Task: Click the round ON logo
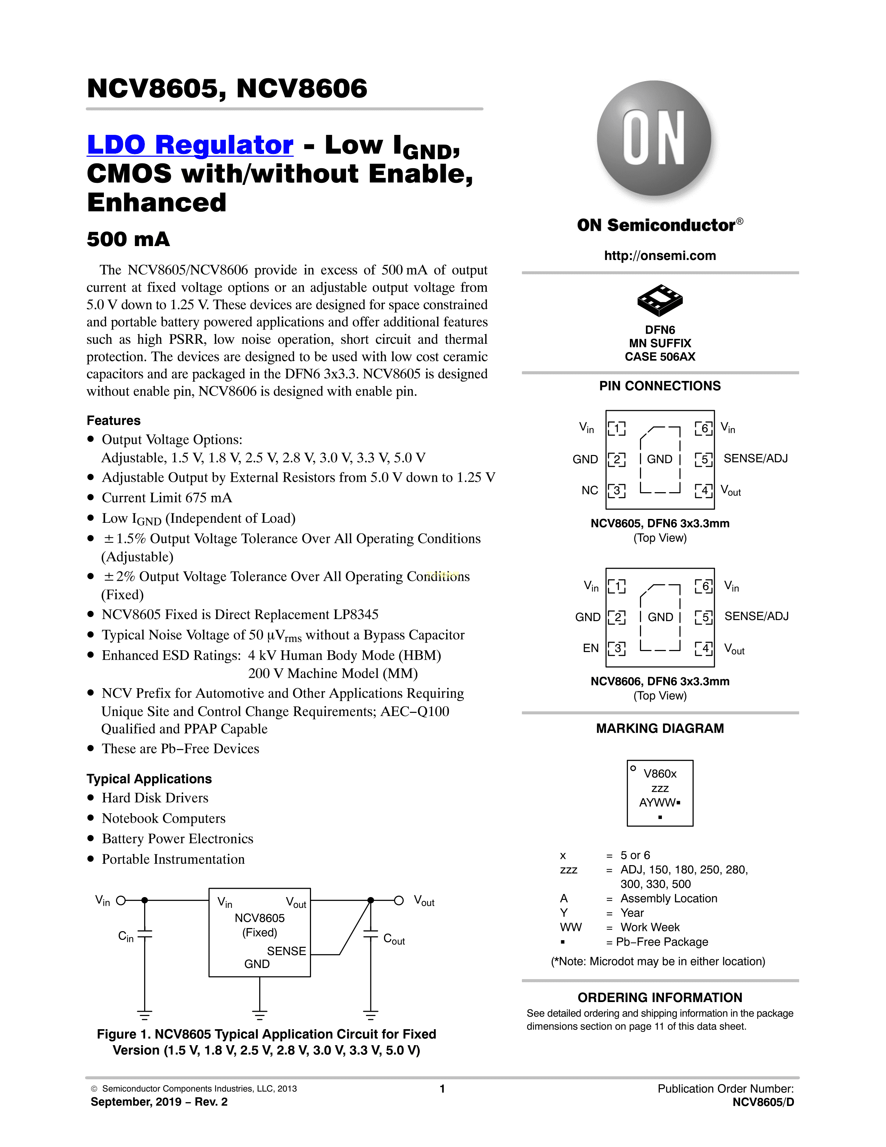[654, 138]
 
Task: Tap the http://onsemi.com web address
[660, 256]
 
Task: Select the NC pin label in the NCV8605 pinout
[589, 490]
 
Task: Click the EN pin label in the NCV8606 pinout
[590, 648]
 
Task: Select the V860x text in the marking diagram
[660, 774]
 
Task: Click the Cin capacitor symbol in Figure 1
[144, 934]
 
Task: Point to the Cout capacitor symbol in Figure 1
[371, 934]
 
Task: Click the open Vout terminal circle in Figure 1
[399, 901]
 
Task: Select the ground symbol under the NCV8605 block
[259, 1014]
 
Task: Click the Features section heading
[113, 421]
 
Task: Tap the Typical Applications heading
[149, 779]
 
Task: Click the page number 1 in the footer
[442, 1089]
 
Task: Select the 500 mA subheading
[128, 239]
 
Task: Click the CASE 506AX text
[660, 357]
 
